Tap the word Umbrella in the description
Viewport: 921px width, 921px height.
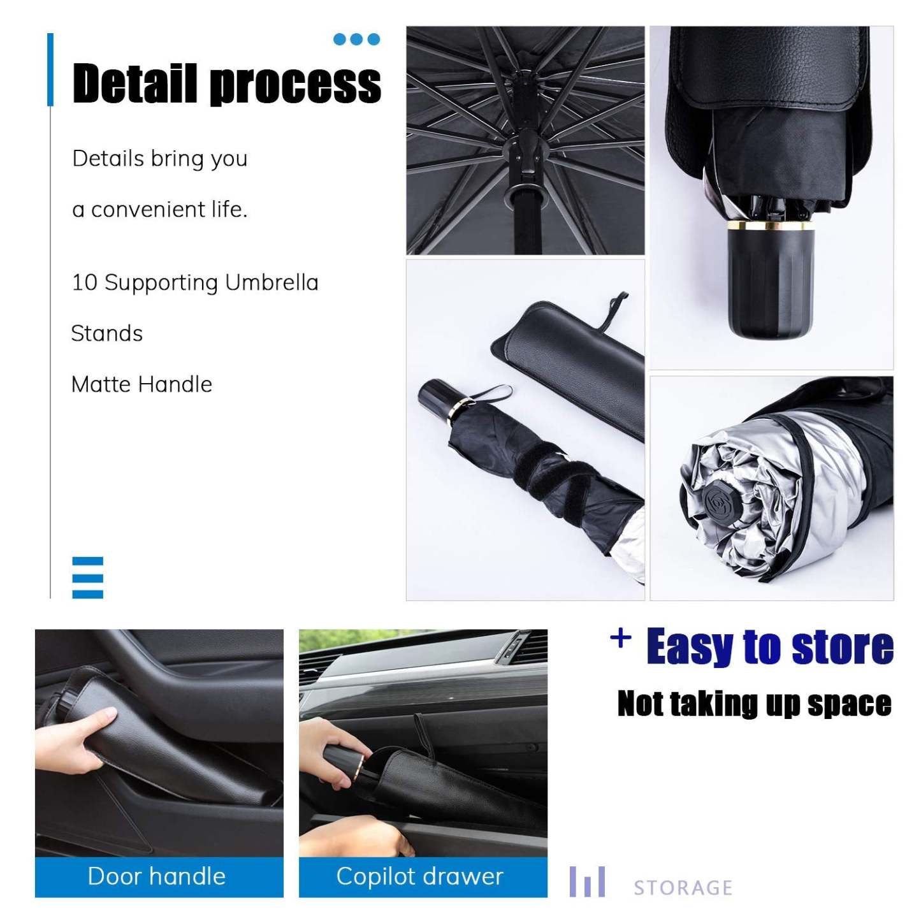pyautogui.click(x=272, y=282)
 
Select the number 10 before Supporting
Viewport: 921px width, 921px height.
pyautogui.click(x=83, y=282)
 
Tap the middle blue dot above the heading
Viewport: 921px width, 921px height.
pyautogui.click(x=357, y=40)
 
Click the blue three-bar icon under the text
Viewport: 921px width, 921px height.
pyautogui.click(x=87, y=577)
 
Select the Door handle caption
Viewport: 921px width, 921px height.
pyautogui.click(x=157, y=876)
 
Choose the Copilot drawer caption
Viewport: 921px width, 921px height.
pyautogui.click(x=420, y=876)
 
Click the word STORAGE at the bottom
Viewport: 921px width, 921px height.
pyautogui.click(x=683, y=887)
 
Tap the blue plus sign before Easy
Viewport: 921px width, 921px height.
pyautogui.click(x=621, y=637)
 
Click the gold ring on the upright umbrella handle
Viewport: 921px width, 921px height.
pyautogui.click(x=771, y=224)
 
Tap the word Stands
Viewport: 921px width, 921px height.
pyautogui.click(x=107, y=333)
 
